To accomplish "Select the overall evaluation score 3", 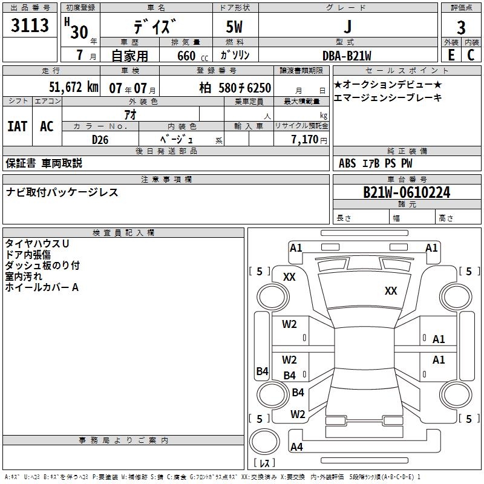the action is (x=461, y=27).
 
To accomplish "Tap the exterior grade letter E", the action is (x=451, y=54).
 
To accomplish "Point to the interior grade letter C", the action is (x=471, y=54).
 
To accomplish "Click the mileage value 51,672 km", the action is (x=73, y=87).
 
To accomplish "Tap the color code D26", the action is (x=100, y=139).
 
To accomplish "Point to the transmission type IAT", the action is (x=17, y=126).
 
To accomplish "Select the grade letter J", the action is (x=347, y=27).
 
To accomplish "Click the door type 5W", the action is (x=235, y=28).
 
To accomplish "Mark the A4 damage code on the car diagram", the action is (x=296, y=447).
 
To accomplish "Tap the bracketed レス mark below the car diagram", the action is (x=264, y=463).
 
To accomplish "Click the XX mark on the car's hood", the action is (x=391, y=291).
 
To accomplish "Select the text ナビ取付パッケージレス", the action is (x=62, y=192).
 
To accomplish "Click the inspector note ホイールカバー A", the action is (x=42, y=287).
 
